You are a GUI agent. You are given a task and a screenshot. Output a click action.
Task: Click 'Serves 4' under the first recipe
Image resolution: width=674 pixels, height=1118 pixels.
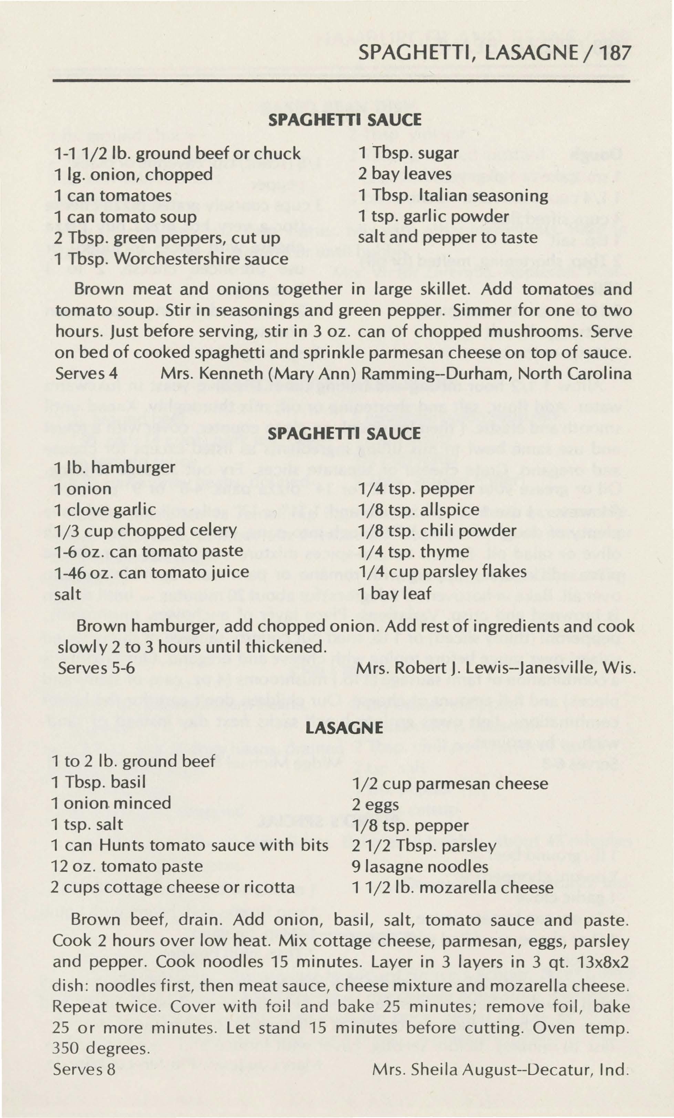click(86, 374)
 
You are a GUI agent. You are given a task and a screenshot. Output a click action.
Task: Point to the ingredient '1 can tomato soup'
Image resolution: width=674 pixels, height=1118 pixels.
click(125, 217)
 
